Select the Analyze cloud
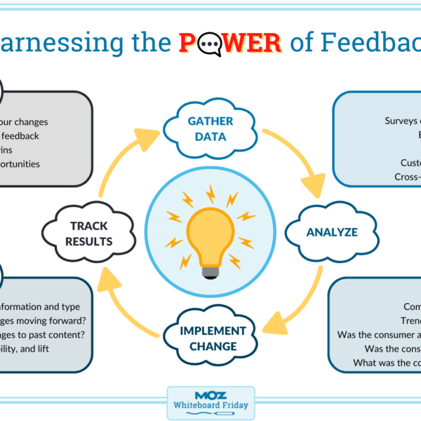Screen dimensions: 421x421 coord(332,232)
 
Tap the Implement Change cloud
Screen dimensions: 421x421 coord(212,338)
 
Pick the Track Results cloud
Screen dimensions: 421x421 coord(91,234)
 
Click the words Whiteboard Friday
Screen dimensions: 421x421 coord(210,406)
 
